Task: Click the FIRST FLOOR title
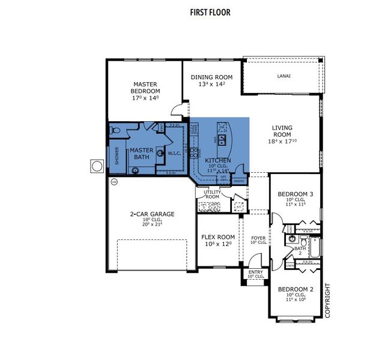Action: (x=210, y=12)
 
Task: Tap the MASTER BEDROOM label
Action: (x=145, y=88)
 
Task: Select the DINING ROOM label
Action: (x=211, y=77)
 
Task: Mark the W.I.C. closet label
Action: (x=174, y=153)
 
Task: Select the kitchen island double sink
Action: (x=222, y=140)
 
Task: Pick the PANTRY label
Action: (x=238, y=180)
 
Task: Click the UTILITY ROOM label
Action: (x=212, y=194)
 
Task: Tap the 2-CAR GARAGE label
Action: (x=152, y=214)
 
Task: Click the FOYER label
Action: (x=258, y=238)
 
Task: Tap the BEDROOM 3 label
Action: (x=295, y=194)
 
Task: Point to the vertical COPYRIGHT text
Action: (x=327, y=300)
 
